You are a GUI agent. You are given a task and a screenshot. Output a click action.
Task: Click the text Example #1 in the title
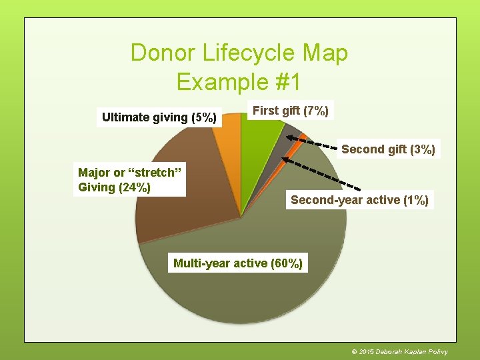239,82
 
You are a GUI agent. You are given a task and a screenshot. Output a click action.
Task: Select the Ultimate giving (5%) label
159,118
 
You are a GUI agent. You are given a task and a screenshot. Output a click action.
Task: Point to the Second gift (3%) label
388,149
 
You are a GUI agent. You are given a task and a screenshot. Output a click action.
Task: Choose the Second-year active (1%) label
359,199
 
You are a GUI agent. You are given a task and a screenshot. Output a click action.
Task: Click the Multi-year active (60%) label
238,263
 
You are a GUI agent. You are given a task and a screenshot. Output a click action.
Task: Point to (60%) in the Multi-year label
287,263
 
